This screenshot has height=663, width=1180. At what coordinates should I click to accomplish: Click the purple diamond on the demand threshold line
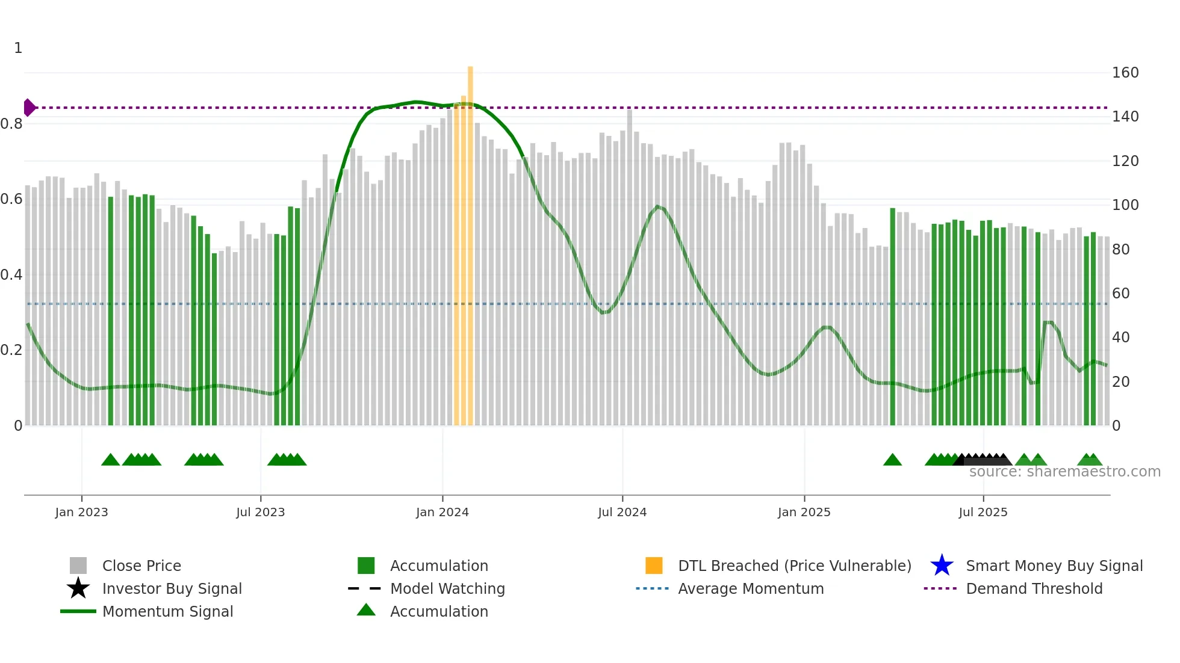click(29, 108)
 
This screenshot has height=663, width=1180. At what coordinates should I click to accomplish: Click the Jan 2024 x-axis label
click(442, 512)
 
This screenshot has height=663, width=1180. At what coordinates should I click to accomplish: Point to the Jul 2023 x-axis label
click(260, 512)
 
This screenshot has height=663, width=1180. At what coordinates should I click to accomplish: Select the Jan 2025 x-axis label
click(804, 512)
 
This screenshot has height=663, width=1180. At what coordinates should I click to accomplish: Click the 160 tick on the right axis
click(1125, 73)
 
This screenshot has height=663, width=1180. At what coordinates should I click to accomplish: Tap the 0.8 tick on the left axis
click(11, 124)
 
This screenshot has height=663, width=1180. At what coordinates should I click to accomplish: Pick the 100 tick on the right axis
click(1125, 205)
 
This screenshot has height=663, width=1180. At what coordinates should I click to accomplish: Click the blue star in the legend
click(942, 566)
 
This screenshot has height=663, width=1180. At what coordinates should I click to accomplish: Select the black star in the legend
click(78, 588)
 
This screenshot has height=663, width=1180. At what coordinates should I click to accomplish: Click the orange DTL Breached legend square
click(654, 566)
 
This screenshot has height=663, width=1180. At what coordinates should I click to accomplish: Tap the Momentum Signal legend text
click(167, 611)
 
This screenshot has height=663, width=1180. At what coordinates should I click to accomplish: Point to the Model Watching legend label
click(447, 588)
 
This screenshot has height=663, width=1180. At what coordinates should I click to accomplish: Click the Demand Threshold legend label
click(1034, 588)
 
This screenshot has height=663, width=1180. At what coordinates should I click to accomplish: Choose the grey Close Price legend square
click(78, 566)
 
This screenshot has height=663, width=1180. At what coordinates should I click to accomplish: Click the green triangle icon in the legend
click(366, 610)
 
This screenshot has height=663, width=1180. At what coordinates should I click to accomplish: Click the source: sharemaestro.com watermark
click(1064, 472)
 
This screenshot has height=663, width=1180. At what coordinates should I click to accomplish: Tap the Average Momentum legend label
click(751, 588)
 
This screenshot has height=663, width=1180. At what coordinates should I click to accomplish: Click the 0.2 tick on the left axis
click(11, 350)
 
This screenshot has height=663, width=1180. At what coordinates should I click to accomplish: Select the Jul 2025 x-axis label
click(983, 512)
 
